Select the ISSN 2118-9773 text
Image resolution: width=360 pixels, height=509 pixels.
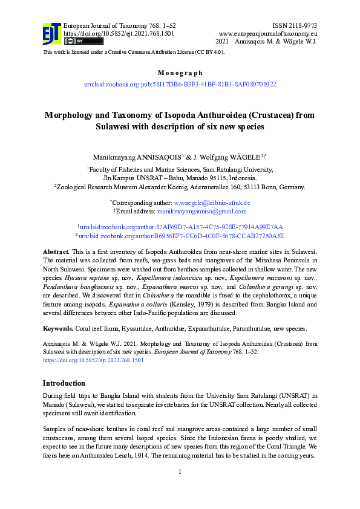click(x=295, y=25)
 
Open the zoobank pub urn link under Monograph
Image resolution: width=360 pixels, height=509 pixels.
click(x=180, y=84)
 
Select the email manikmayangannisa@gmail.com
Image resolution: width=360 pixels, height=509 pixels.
click(x=201, y=212)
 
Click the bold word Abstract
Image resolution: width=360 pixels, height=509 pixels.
click(x=56, y=251)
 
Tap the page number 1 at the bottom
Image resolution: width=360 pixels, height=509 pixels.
click(x=180, y=471)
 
